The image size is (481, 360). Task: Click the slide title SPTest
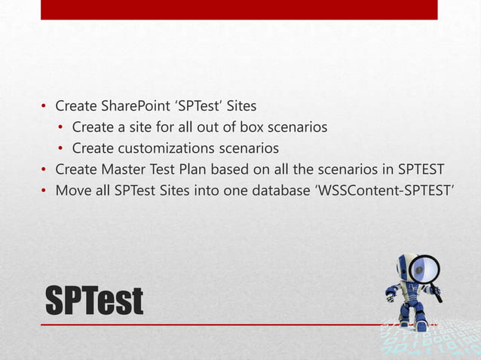93,301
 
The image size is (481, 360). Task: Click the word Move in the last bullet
72,189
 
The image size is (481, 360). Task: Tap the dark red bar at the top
239,10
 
